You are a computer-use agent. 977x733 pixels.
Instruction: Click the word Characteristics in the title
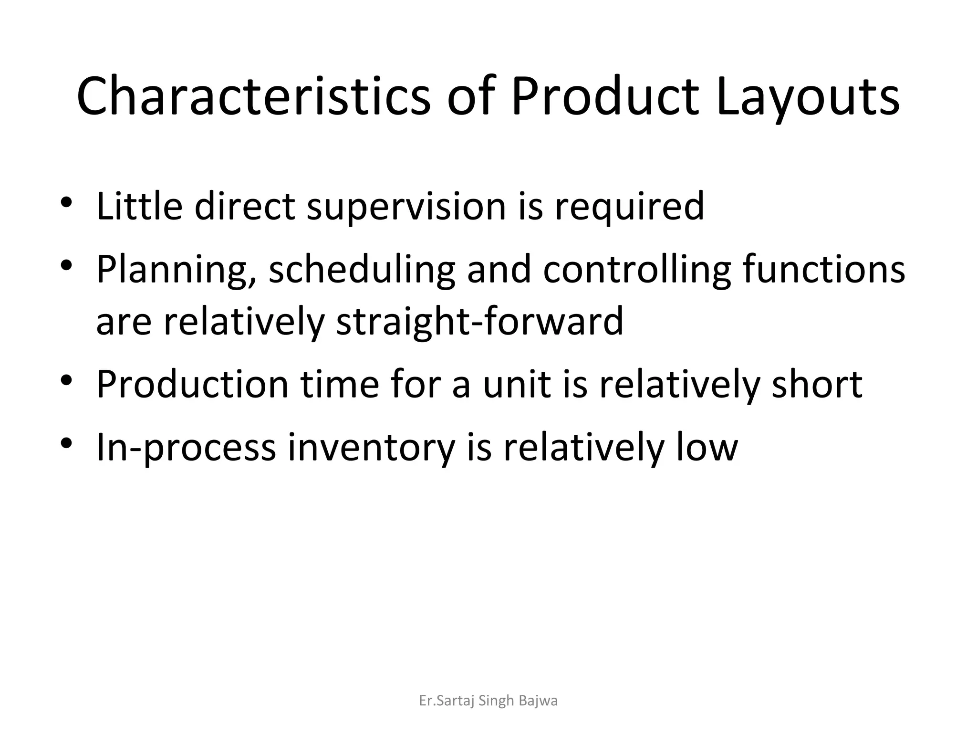(253, 96)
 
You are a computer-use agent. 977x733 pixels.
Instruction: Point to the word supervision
(405, 208)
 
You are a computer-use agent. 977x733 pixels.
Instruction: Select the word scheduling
(362, 270)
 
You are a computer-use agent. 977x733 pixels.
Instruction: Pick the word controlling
(636, 270)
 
